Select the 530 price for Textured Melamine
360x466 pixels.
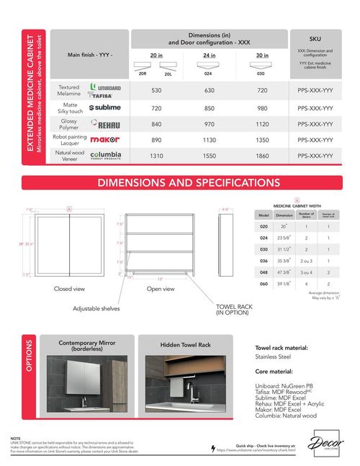click(156, 91)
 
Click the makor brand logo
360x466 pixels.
click(105, 140)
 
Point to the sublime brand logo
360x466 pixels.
click(105, 107)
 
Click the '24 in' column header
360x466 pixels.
click(209, 55)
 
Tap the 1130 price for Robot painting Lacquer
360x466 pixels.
click(209, 140)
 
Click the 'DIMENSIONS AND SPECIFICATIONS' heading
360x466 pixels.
click(179, 183)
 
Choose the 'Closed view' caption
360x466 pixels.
click(70, 289)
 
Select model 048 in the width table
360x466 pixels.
click(264, 273)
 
